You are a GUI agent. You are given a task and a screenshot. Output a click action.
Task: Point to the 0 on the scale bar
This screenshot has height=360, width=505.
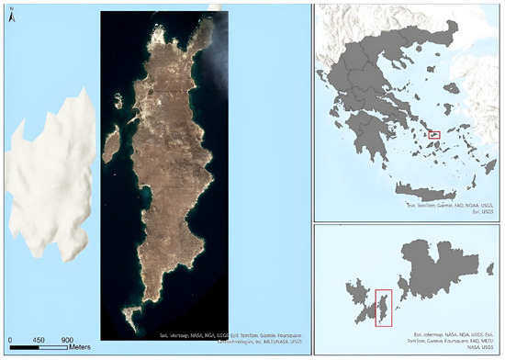click(10, 340)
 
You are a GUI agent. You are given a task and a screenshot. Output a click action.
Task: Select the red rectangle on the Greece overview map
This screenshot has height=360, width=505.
click(435, 135)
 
